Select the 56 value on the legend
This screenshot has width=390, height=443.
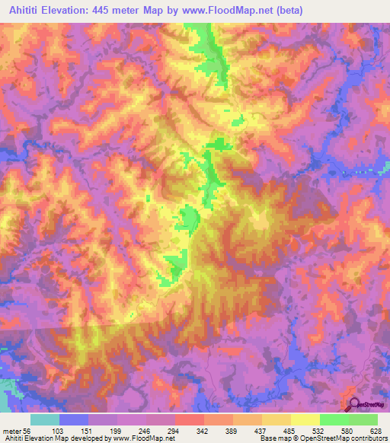[x=28, y=430]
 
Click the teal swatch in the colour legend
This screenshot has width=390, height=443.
[x=45, y=419]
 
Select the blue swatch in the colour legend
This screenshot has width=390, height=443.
[x=74, y=419]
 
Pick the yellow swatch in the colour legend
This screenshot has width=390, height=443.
[x=305, y=419]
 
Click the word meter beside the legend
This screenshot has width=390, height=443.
[x=11, y=430]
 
